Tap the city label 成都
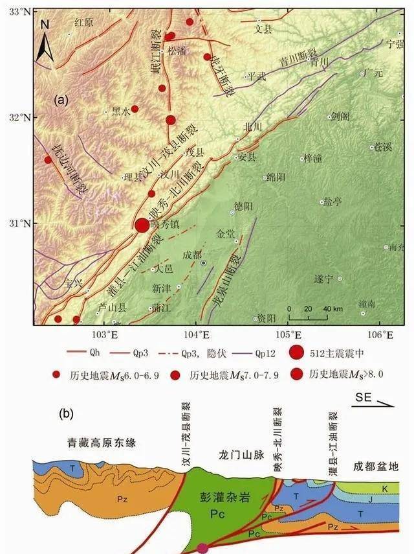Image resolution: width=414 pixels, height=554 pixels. (x=191, y=255)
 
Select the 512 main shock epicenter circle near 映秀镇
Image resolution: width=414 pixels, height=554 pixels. (x=142, y=225)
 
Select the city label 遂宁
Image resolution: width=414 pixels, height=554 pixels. (x=322, y=279)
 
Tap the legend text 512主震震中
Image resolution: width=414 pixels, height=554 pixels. (x=336, y=354)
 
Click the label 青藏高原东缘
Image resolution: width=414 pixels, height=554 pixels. (x=99, y=443)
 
